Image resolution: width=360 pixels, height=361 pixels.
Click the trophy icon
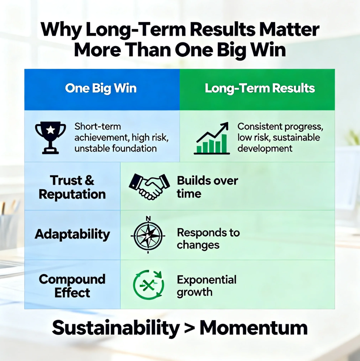[x=50, y=138]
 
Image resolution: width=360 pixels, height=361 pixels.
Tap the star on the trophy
[x=50, y=130]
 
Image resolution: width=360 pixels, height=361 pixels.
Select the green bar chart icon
[x=212, y=138]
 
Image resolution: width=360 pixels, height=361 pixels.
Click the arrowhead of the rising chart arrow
[x=225, y=126]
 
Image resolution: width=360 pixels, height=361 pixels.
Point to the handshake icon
[x=149, y=187]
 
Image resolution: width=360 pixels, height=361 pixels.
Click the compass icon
[x=148, y=235]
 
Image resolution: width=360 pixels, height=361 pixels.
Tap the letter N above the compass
[x=148, y=219]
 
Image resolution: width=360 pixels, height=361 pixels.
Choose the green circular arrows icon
[x=148, y=285]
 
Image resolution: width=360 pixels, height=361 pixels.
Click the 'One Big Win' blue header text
[x=101, y=89]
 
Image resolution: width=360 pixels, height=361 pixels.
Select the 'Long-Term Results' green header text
[x=260, y=89]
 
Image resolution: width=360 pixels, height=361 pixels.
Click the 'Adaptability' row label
[x=72, y=234]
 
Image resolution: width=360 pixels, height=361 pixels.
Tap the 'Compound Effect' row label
[x=72, y=286]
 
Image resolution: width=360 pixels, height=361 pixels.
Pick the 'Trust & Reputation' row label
[x=72, y=187]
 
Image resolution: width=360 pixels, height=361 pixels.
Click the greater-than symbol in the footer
[x=189, y=328]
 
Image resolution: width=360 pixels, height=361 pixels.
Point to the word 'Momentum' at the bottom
[x=254, y=328]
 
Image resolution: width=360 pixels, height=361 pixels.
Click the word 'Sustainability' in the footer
[x=116, y=328]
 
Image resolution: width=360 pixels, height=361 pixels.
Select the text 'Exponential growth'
[x=207, y=286]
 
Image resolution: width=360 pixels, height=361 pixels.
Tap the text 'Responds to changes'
[x=208, y=238]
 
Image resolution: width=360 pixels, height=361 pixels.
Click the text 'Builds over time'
[x=207, y=187]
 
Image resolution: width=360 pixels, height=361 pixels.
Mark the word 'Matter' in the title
[x=289, y=30]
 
